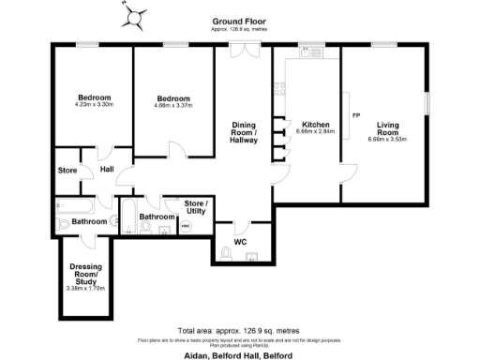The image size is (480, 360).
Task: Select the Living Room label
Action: click(388, 128)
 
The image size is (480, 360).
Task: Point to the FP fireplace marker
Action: click(355, 115)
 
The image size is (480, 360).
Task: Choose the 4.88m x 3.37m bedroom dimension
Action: click(172, 106)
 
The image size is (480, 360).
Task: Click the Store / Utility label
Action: click(194, 206)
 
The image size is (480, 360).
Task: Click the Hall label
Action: click(107, 170)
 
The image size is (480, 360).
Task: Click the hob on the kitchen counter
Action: click(278, 90)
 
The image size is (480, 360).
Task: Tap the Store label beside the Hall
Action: click(67, 171)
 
